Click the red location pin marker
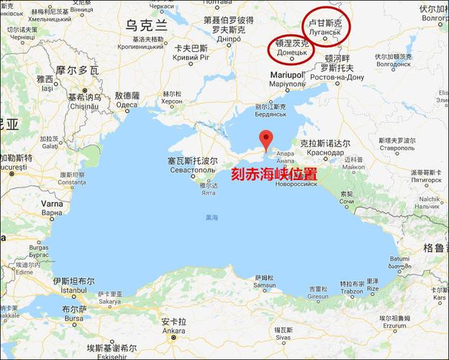point(266,139)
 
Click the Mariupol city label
point(287,74)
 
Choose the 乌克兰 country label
point(146,24)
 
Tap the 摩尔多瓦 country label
point(76,71)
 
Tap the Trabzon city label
point(352,290)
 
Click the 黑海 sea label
point(212,217)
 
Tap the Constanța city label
point(71,182)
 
